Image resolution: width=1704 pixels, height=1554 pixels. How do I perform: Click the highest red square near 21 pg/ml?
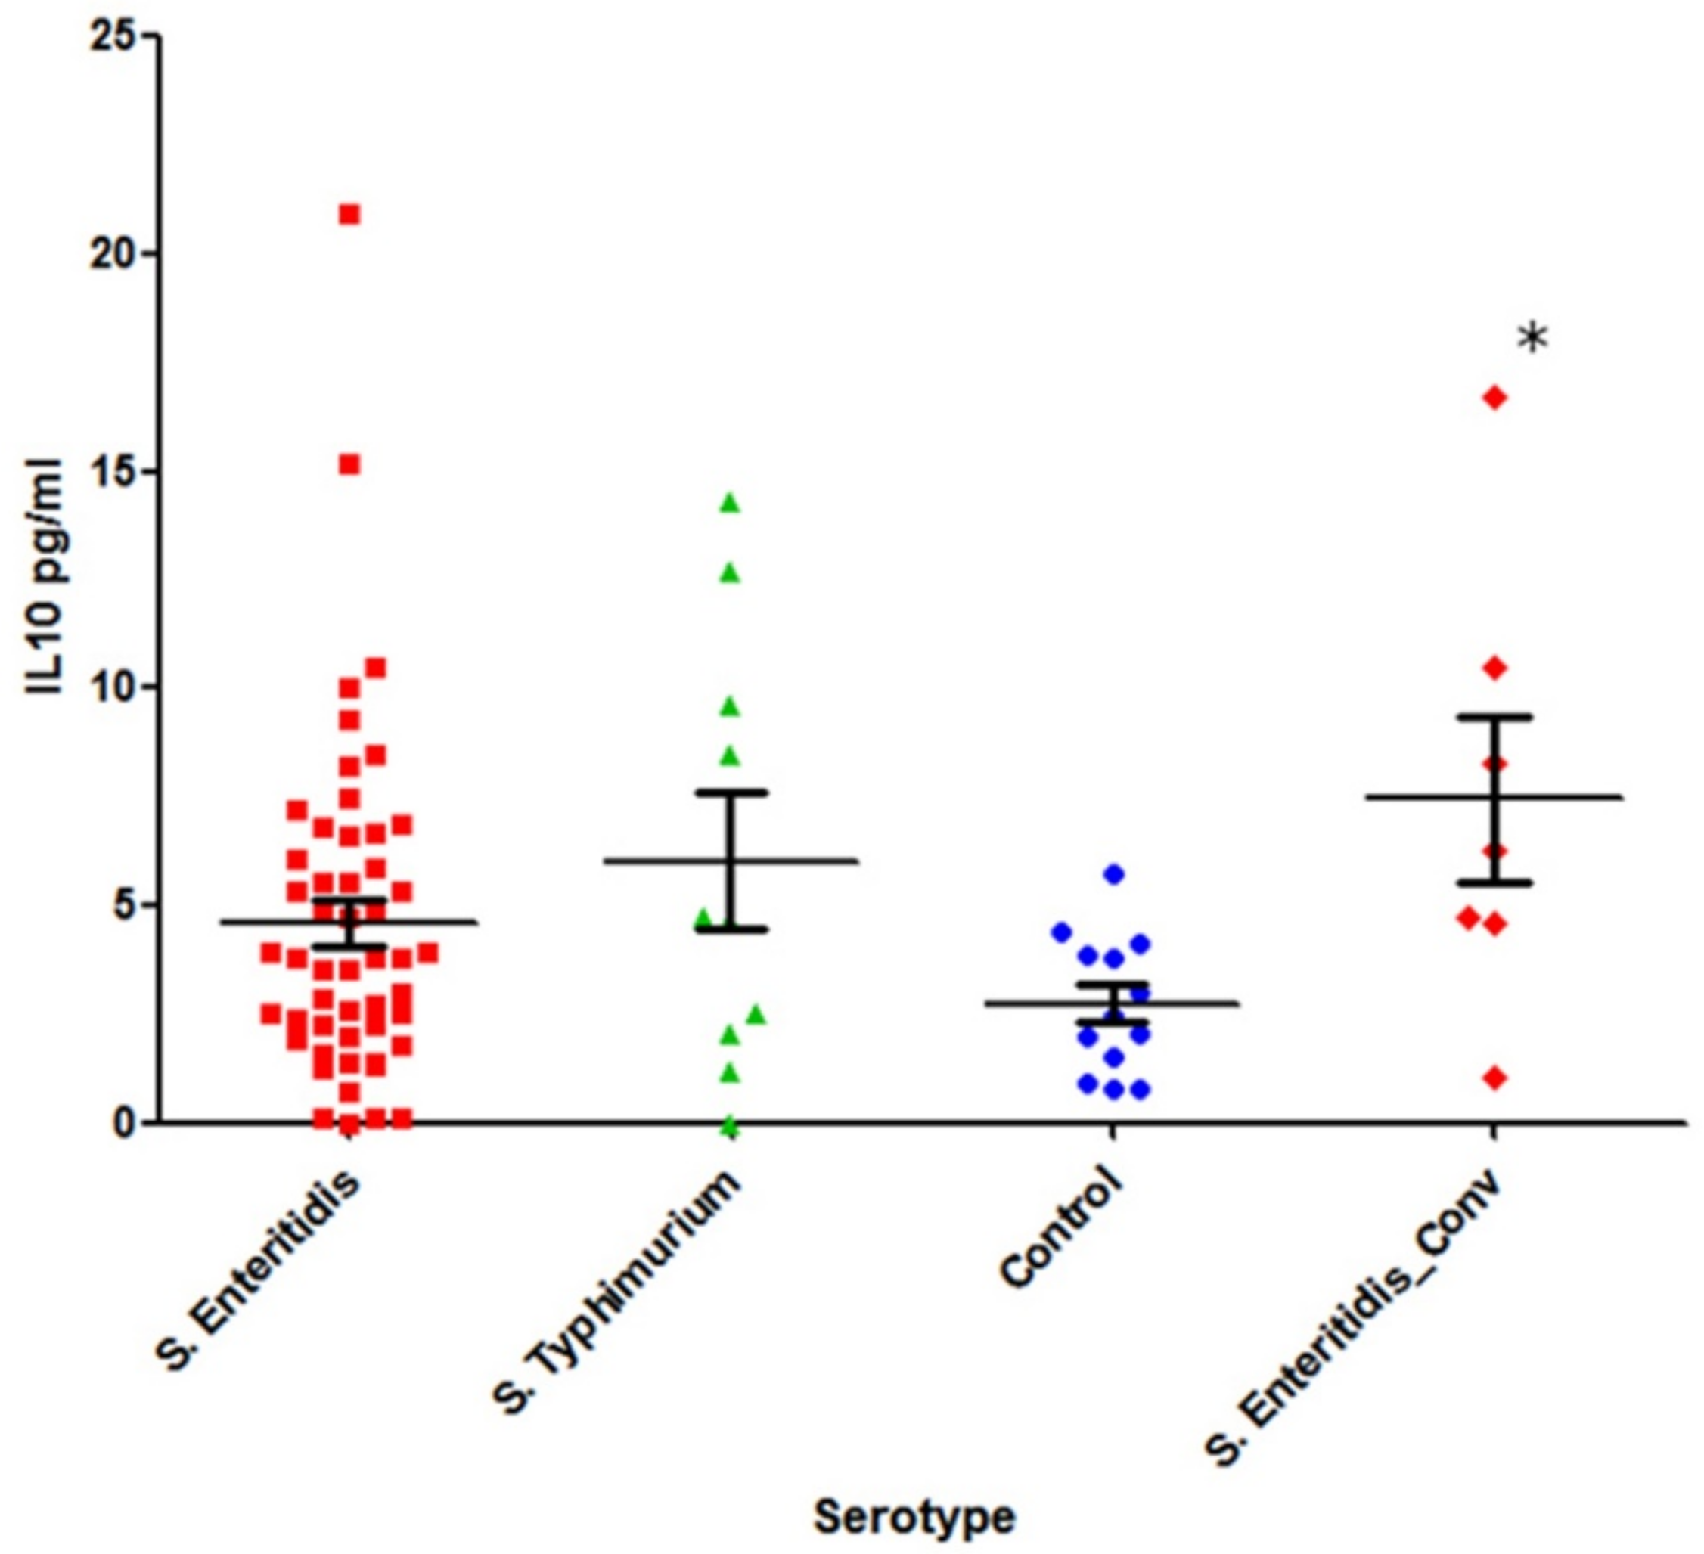click(x=349, y=215)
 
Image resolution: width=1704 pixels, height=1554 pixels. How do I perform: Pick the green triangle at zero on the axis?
click(x=731, y=1127)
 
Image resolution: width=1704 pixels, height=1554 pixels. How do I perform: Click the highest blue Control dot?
click(x=1113, y=873)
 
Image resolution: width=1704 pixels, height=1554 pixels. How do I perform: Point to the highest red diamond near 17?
click(x=1494, y=398)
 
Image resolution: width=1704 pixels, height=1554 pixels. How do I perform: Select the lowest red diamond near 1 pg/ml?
click(x=1494, y=1078)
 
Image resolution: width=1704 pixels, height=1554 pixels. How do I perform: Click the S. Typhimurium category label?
click(x=617, y=1293)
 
